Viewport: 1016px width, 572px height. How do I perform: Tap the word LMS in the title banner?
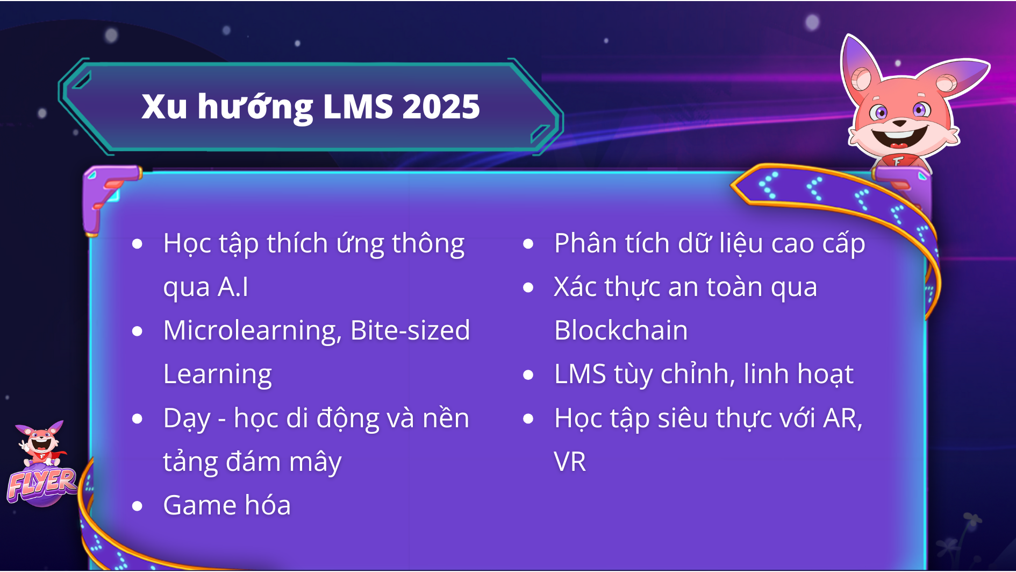click(358, 107)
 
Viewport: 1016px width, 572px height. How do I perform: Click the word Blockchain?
click(620, 330)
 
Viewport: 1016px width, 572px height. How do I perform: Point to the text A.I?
click(233, 287)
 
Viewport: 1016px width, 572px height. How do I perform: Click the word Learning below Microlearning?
click(217, 375)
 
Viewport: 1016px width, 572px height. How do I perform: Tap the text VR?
click(570, 462)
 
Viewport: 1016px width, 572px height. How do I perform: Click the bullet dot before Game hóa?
click(138, 506)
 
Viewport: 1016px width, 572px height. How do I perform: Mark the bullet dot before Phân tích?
click(528, 244)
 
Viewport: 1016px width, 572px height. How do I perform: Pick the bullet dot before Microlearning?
click(138, 331)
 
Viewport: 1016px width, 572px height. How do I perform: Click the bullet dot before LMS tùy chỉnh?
click(528, 375)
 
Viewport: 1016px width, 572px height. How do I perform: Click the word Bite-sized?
click(410, 330)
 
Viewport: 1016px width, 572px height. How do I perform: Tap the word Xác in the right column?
click(575, 287)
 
